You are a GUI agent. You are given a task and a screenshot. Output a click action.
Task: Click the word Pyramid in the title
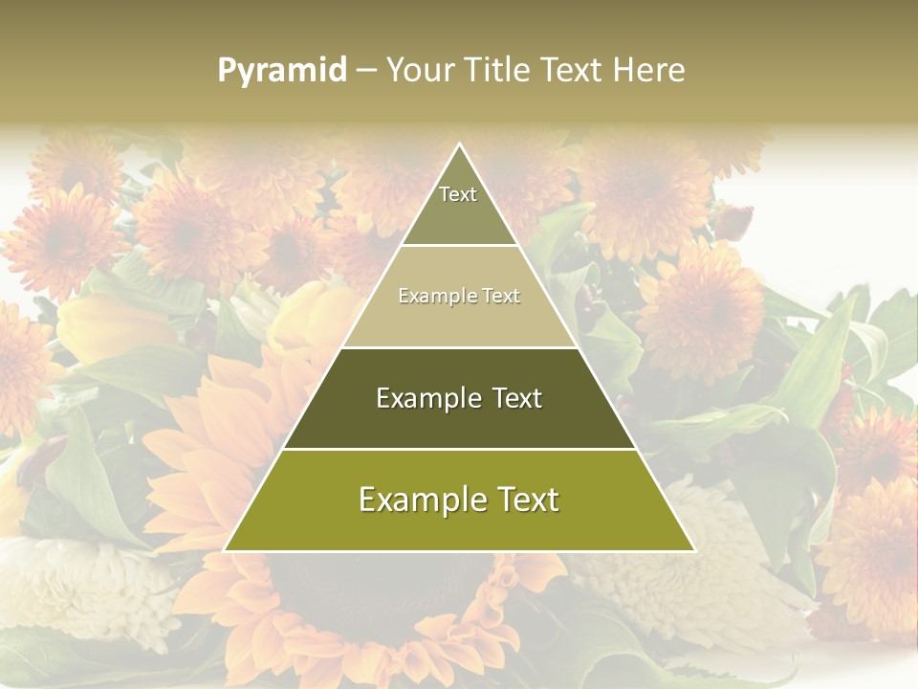(282, 71)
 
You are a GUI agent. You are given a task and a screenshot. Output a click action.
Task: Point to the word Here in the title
(649, 70)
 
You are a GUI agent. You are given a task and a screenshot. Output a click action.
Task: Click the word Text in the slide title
(572, 70)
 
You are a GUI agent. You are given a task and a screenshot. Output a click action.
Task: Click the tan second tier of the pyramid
(459, 311)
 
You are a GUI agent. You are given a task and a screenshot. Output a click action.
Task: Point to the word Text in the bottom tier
(522, 500)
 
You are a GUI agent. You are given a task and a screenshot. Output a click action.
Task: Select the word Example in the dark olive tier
(427, 398)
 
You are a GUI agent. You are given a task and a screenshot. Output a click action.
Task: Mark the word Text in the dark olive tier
(516, 398)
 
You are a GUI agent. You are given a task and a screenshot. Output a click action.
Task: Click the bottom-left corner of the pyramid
(225, 550)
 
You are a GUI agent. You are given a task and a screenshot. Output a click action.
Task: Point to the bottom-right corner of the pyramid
(694, 550)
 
